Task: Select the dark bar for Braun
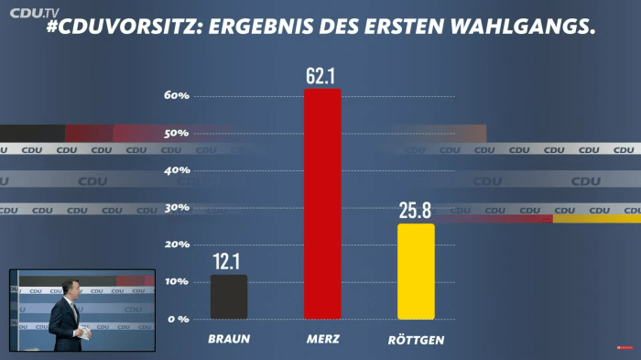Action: [x=228, y=297]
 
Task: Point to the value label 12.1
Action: [x=228, y=262]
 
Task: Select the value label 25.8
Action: [x=416, y=211]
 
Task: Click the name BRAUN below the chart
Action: [x=228, y=339]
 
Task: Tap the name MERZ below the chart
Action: [x=322, y=339]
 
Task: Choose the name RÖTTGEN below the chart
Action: [x=416, y=339]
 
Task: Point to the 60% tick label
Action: [x=177, y=96]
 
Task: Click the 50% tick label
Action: [x=177, y=133]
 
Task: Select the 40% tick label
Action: [x=177, y=170]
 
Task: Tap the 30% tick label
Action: [x=177, y=207]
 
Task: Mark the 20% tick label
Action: [x=177, y=245]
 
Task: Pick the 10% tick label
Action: [x=177, y=281]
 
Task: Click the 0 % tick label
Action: [x=177, y=319]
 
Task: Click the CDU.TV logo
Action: [x=27, y=12]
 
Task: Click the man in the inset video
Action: [x=66, y=316]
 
